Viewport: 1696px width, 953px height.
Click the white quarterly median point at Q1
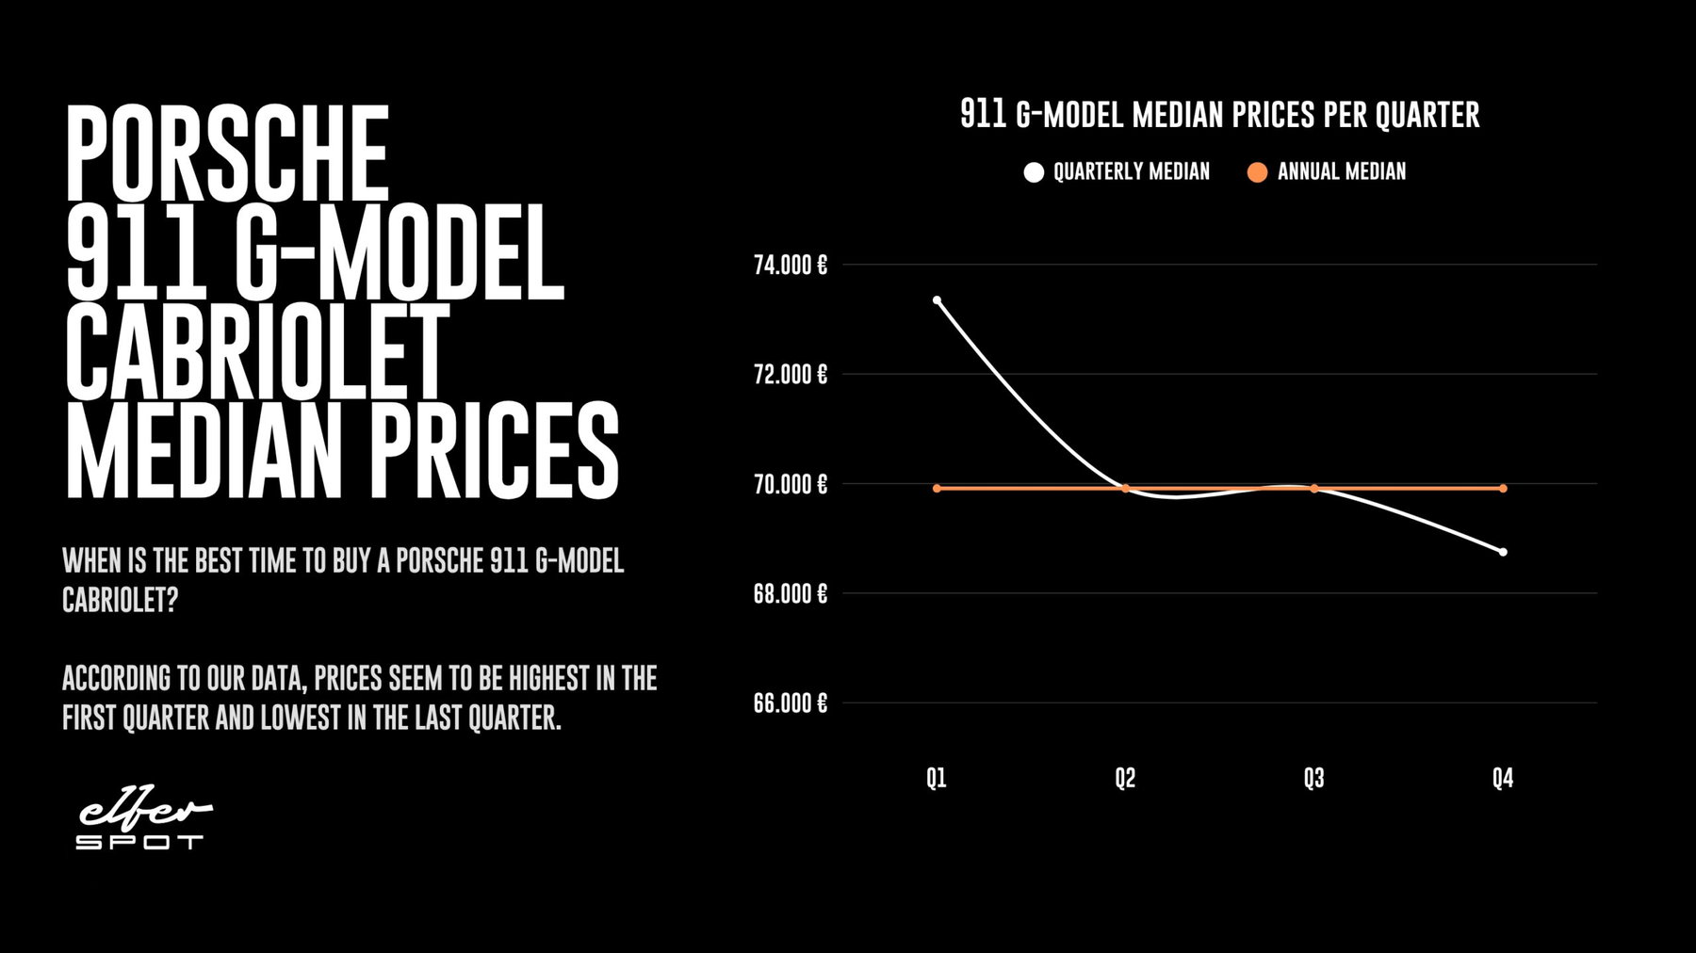(937, 300)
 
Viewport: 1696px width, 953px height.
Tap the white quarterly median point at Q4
(1503, 552)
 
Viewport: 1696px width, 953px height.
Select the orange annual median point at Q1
(937, 488)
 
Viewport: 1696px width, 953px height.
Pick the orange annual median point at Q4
(1503, 488)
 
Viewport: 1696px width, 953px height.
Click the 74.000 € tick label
(790, 265)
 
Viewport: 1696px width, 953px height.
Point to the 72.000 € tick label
(790, 375)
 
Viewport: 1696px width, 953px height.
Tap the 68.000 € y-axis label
(790, 594)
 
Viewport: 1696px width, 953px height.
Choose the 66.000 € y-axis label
(790, 703)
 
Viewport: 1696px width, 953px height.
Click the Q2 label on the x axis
(1125, 779)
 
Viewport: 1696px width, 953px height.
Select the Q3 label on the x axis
(1313, 779)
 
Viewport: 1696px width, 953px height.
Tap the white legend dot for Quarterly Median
(1034, 172)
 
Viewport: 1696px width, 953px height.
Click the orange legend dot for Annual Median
(1257, 172)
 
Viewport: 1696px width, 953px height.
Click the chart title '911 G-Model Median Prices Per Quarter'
(1219, 115)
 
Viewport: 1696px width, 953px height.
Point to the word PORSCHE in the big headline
(227, 152)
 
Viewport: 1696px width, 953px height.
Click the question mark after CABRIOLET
(171, 600)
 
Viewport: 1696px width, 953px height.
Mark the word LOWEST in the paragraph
(301, 719)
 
